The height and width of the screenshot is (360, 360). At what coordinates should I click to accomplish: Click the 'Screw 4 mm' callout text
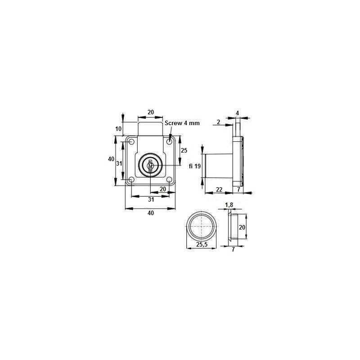pos(181,123)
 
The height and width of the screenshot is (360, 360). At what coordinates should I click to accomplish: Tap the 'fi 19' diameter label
pos(194,166)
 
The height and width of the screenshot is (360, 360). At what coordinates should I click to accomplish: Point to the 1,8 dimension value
pos(229,205)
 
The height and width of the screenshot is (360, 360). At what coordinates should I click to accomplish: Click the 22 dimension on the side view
pos(219,190)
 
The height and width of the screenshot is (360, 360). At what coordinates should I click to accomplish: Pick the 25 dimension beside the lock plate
pos(184,150)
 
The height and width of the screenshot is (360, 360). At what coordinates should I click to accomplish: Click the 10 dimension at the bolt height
pos(118,129)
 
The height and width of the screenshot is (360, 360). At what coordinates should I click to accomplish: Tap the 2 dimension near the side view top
pos(218,122)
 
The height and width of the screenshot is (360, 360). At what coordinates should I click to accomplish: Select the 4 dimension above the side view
pos(237,112)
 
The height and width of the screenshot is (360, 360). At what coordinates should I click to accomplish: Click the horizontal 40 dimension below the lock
pos(150,213)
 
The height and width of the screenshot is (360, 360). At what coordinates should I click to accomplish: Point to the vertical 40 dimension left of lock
pos(111,159)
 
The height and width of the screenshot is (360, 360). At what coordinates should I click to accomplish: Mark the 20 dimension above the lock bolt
pos(150,112)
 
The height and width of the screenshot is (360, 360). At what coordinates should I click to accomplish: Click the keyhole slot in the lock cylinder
pos(150,166)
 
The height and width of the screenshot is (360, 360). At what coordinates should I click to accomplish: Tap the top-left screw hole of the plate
pos(131,143)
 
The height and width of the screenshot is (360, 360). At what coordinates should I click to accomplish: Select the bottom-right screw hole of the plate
pos(169,180)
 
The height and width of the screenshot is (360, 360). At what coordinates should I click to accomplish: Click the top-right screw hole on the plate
pos(169,142)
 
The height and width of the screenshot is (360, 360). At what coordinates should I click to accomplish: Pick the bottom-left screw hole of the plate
pos(131,180)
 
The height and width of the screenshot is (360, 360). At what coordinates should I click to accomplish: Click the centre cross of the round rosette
pos(201,226)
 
